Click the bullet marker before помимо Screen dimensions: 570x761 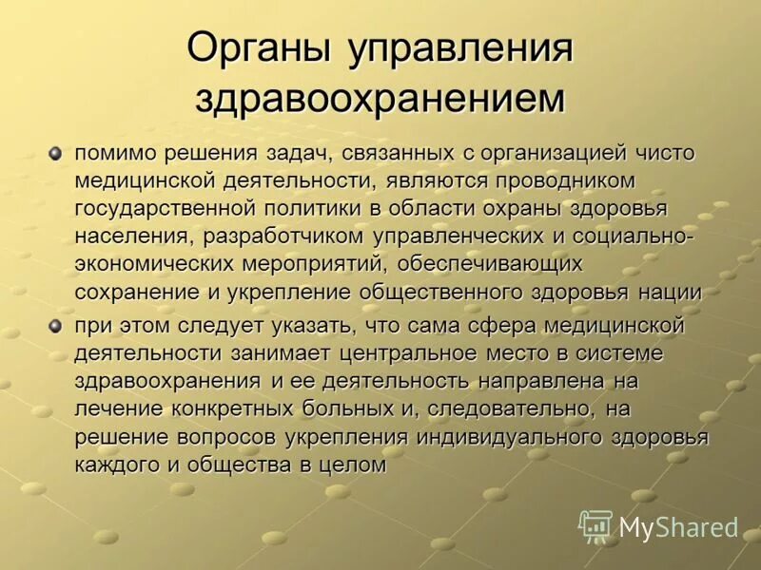[x=55, y=152]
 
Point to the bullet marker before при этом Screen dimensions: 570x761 [x=55, y=326]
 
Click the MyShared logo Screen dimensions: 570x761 [x=658, y=526]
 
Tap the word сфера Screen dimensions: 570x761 [x=499, y=326]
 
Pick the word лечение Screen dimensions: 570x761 [x=119, y=409]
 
